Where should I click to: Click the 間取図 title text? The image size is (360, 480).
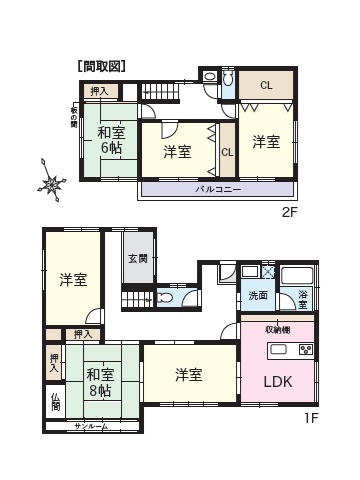(x=101, y=66)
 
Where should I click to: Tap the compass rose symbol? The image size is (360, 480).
(x=52, y=183)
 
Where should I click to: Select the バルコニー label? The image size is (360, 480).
(x=216, y=187)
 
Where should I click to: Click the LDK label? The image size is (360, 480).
(x=279, y=381)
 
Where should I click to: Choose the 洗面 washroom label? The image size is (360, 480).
(x=258, y=295)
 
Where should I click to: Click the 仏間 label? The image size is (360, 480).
(x=54, y=404)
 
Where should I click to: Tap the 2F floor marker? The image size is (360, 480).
(x=289, y=212)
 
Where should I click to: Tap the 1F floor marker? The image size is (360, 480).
(x=310, y=417)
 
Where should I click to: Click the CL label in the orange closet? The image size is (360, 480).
(x=266, y=85)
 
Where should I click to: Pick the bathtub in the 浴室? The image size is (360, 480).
(x=297, y=274)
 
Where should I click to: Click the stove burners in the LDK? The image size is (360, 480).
(x=305, y=350)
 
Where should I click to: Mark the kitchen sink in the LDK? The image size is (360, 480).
(x=279, y=350)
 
